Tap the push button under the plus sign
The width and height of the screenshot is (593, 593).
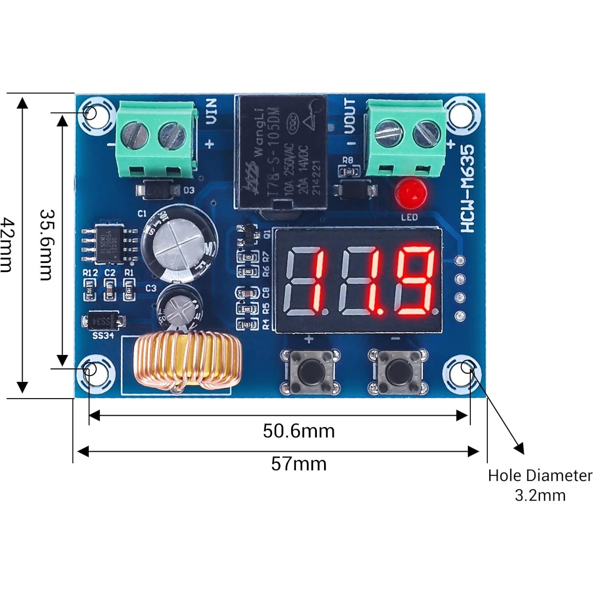(309, 371)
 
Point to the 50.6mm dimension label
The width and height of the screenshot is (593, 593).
(299, 431)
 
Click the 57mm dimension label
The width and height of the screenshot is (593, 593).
(299, 463)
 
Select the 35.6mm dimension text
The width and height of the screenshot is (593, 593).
(47, 245)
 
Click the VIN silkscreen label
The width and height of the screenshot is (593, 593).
(212, 111)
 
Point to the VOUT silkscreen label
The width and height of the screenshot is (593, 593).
(349, 116)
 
